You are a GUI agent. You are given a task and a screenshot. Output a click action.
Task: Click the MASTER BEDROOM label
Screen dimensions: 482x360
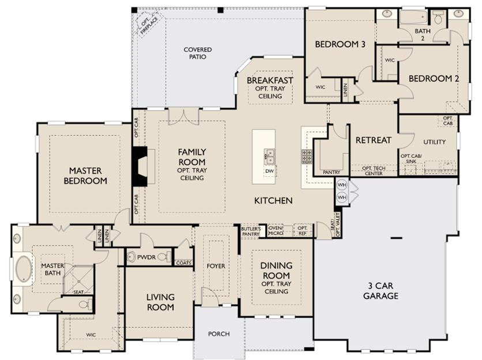point(85,176)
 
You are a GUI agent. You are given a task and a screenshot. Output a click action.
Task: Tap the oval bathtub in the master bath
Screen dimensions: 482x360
point(24,269)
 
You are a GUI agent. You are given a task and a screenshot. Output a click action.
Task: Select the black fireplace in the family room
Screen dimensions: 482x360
point(140,166)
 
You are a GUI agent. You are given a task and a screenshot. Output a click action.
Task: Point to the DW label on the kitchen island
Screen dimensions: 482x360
point(269,171)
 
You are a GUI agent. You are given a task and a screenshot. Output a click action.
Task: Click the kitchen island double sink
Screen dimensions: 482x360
point(269,157)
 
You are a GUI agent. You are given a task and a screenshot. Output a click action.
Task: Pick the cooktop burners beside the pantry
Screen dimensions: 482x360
point(307,156)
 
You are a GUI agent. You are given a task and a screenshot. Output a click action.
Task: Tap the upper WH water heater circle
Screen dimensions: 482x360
point(341,185)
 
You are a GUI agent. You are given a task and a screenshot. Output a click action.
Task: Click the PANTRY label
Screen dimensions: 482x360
point(332,172)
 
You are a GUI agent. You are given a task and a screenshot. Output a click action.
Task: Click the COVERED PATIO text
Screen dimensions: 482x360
point(198,53)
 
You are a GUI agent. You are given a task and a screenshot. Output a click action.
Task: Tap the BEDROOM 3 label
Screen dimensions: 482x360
point(340,44)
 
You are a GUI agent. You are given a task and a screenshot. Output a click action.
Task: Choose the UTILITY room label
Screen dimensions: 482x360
point(434,142)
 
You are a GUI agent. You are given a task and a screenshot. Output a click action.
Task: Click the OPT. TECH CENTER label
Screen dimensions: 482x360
point(374,171)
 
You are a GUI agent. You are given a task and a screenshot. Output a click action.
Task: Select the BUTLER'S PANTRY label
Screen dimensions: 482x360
point(251,232)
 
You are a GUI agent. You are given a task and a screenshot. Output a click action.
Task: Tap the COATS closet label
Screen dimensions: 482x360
point(184,263)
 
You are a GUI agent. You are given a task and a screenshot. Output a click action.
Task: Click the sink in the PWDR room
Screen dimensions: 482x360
point(131,257)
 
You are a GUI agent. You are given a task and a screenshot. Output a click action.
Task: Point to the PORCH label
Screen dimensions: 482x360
point(219,334)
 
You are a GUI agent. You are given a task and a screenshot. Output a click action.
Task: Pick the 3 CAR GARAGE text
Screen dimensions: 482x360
point(381,290)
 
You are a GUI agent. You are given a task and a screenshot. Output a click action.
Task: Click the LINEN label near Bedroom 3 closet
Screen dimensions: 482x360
point(345,90)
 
